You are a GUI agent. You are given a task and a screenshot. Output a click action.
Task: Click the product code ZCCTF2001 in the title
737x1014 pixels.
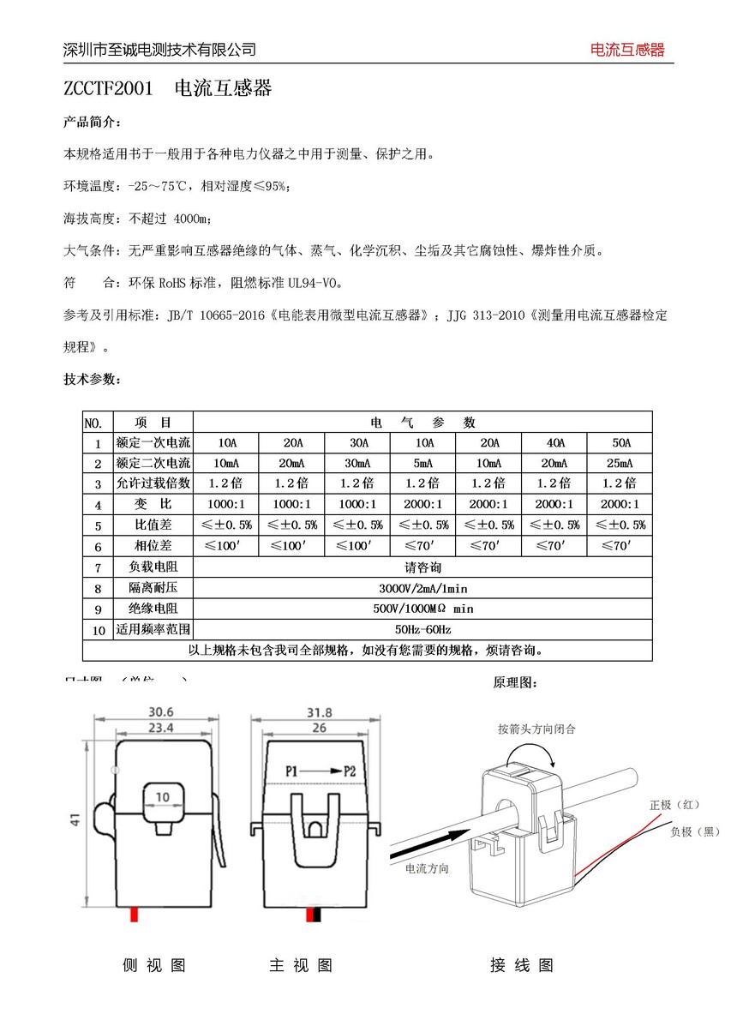tap(108, 89)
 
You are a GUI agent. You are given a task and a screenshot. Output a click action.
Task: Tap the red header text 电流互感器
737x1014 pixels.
tap(627, 50)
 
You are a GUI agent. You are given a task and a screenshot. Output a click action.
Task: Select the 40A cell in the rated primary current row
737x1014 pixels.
tap(554, 443)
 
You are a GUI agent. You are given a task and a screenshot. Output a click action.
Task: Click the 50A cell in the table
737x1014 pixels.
tap(620, 443)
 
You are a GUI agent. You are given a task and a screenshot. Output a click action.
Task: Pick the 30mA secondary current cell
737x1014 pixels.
tap(358, 463)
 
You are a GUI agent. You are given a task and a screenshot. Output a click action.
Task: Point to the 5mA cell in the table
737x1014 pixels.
tap(423, 463)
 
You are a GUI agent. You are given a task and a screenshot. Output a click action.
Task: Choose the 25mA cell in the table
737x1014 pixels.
tap(620, 463)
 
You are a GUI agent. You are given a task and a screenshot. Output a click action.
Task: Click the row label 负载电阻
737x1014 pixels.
tap(153, 567)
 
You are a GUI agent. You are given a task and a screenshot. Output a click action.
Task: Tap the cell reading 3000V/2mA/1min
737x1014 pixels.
tap(422, 588)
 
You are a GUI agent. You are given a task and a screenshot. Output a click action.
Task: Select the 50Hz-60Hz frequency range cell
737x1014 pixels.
tap(422, 629)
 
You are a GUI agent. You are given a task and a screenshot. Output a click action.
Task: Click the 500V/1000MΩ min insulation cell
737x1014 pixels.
tap(422, 609)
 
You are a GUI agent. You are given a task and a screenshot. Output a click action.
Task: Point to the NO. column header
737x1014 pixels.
tap(93, 423)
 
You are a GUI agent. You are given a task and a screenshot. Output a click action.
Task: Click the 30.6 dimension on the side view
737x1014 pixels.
tap(161, 711)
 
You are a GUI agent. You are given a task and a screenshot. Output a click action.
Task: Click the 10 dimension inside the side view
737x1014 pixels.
tap(162, 796)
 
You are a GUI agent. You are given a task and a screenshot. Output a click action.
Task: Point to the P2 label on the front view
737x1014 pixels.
tap(349, 771)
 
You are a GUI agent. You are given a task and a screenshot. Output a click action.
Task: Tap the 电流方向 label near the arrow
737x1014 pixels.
tap(427, 868)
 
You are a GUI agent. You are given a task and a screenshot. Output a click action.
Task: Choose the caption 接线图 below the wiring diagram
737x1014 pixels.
tap(521, 966)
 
